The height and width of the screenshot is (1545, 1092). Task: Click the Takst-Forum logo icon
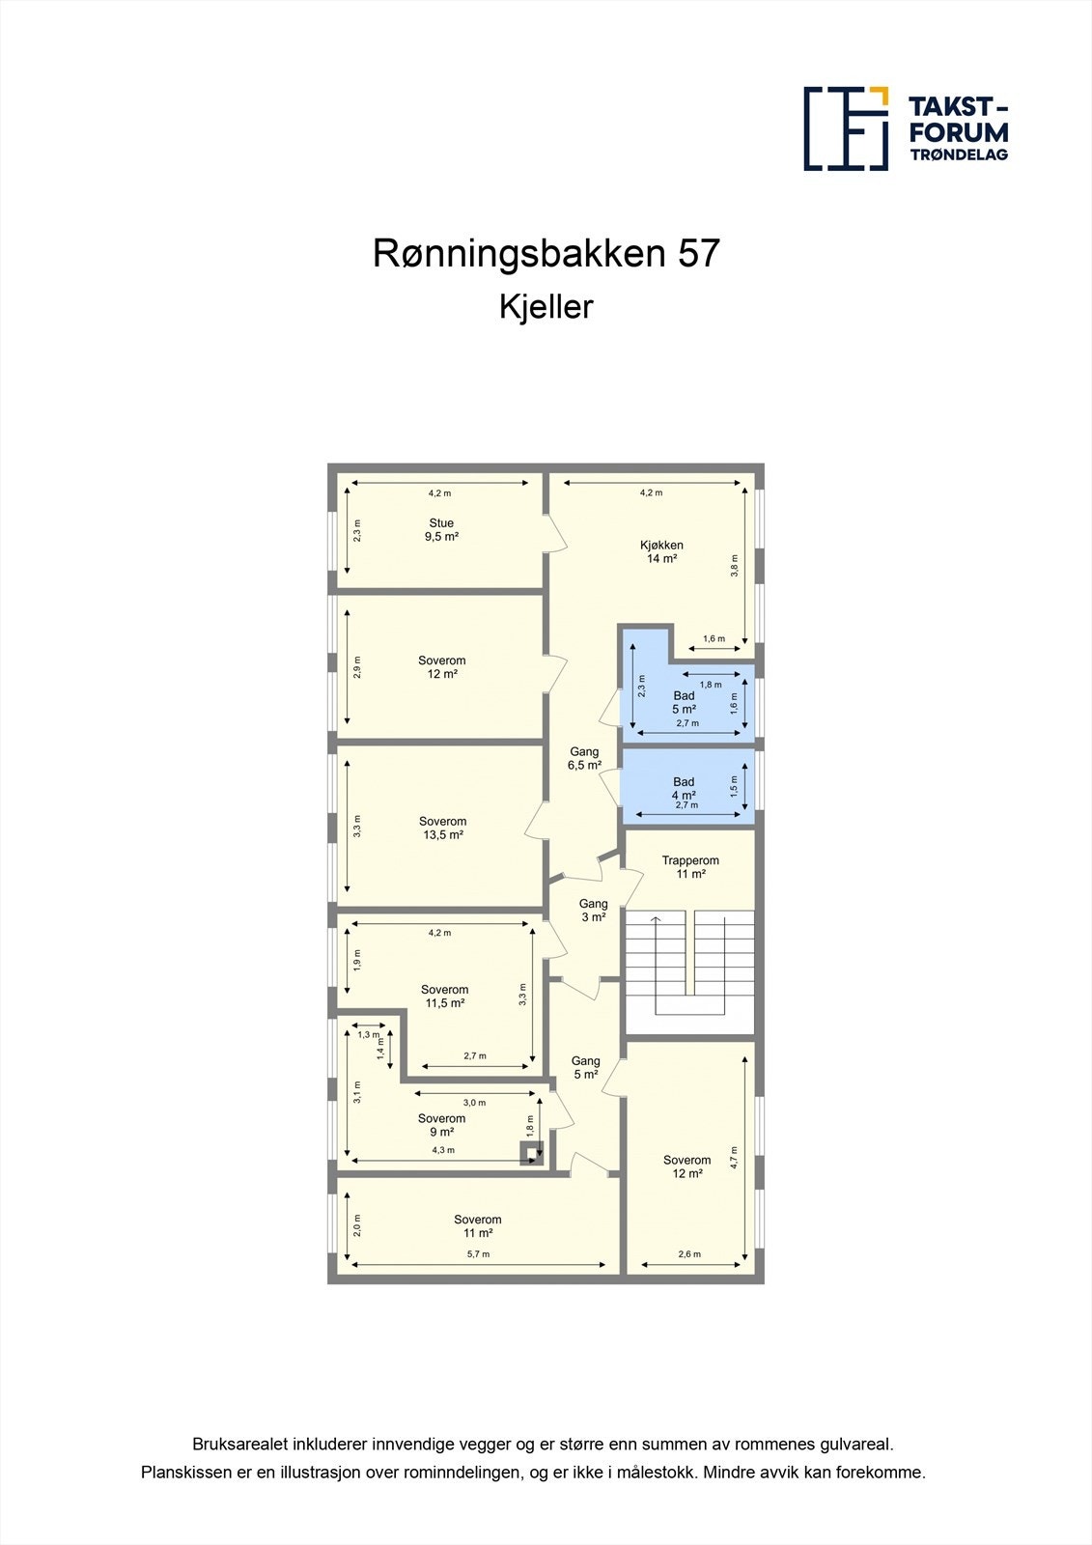tap(846, 128)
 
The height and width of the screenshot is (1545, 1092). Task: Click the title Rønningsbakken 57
tap(546, 254)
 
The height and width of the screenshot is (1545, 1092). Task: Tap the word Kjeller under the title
tap(546, 307)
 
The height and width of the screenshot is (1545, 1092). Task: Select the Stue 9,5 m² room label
tap(441, 530)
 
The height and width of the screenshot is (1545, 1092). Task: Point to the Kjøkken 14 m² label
tap(661, 551)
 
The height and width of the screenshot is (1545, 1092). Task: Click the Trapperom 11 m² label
tap(690, 867)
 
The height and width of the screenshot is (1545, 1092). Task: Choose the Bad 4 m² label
tap(684, 789)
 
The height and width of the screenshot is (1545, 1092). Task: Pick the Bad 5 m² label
tap(684, 702)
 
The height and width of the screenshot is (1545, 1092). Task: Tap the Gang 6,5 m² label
tap(584, 758)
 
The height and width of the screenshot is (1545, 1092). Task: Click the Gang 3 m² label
tap(593, 911)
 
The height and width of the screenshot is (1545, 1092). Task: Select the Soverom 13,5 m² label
tap(443, 829)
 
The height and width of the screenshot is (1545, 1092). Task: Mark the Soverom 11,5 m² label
tap(445, 997)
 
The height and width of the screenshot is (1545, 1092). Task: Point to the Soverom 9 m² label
tap(442, 1125)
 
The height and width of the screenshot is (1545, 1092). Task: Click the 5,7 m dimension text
tap(478, 1254)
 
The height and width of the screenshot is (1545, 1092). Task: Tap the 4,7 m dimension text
tap(734, 1157)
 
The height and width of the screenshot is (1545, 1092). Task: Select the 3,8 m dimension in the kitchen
tap(735, 565)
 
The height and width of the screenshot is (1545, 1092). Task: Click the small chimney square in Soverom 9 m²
tap(531, 1152)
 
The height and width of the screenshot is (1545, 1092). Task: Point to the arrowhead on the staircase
tap(656, 919)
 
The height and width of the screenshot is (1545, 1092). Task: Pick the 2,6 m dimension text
tap(689, 1254)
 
